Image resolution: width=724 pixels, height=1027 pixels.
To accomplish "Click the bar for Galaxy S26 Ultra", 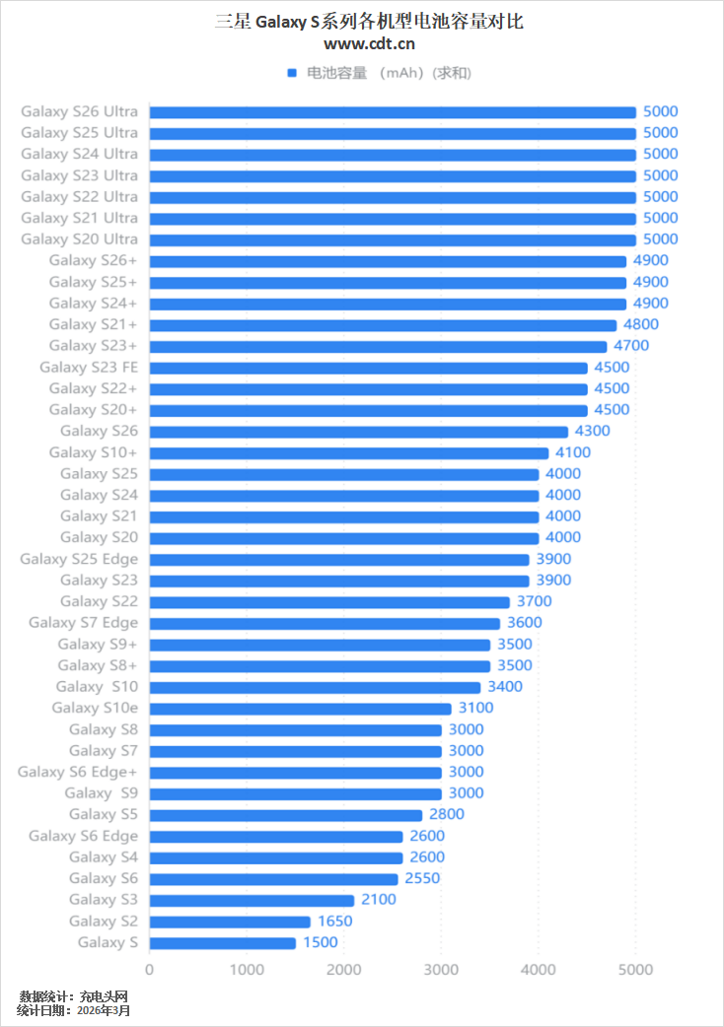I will pos(393,112).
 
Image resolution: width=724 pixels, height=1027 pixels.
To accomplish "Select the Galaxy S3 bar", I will pos(252,900).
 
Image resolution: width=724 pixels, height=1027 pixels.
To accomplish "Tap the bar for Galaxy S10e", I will pos(300,709).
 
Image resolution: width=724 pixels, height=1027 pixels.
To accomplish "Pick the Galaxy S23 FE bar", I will pos(368,368).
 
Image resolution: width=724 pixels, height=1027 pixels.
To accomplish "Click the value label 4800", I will pos(641,324).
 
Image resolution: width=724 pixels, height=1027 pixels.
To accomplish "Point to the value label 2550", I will pos(422,878).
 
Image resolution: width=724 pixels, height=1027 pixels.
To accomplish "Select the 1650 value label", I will pos(334,922).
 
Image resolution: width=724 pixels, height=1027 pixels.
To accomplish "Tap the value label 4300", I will pos(593,431).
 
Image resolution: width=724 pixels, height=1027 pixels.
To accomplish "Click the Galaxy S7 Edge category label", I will pos(83,623).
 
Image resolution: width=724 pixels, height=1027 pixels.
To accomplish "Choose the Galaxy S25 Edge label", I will pos(79,559).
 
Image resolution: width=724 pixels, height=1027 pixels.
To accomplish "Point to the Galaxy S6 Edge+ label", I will pos(77,772).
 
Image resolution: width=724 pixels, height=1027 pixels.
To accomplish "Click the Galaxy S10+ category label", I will pos(93,452).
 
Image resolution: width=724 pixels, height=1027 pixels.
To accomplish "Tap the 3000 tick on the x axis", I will pos(441,970).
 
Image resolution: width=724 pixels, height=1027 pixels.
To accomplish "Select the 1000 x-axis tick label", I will pos(247,970).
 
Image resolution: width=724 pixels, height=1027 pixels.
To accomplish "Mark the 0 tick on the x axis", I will pos(149,970).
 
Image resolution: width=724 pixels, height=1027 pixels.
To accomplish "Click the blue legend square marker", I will pos(292,73).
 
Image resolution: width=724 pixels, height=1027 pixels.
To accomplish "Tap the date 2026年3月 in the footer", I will pos(104,1010).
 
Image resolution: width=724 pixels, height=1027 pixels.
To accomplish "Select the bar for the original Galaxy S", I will pos(222,943).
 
